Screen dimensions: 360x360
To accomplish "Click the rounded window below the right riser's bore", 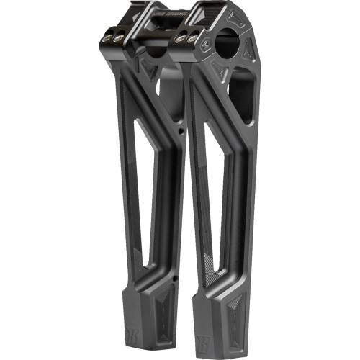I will click(240, 97).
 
